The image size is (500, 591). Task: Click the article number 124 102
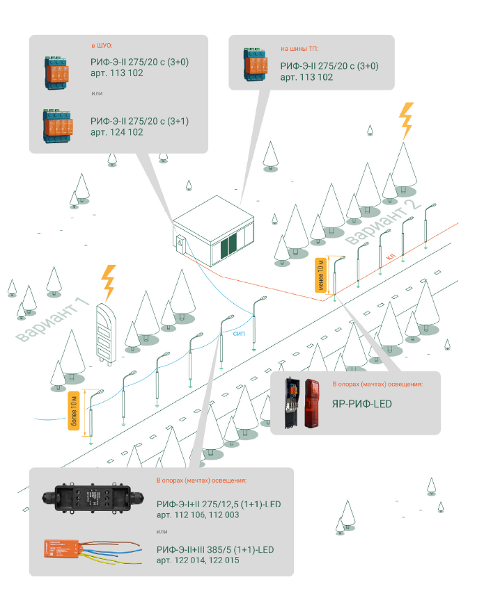tap(117, 131)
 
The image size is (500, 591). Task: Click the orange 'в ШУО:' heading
tap(102, 46)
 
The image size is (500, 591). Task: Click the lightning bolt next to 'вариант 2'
tap(405, 121)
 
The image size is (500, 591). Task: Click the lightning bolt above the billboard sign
tap(109, 282)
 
